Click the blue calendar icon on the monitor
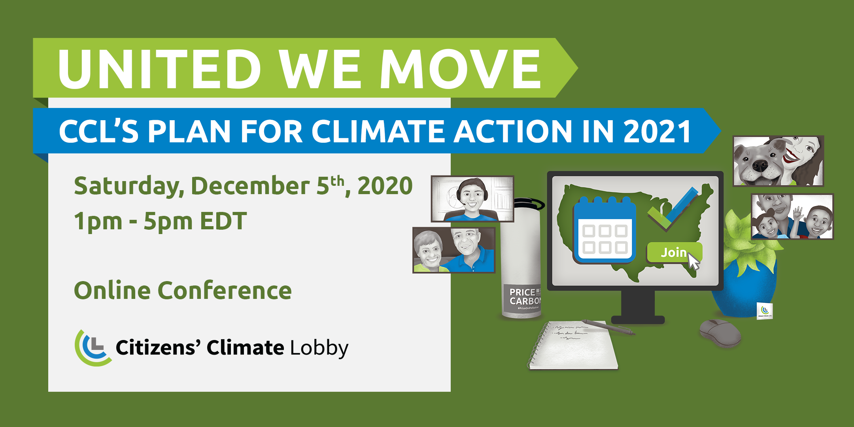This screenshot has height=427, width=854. tap(604, 231)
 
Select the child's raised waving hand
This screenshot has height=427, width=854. tap(797, 213)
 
